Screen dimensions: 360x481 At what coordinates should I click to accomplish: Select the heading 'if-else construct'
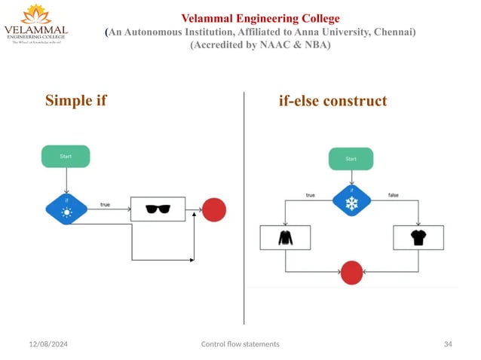(332, 101)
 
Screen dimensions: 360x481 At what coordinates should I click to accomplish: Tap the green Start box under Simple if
(66, 156)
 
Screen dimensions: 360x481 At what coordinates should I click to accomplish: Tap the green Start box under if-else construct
(351, 159)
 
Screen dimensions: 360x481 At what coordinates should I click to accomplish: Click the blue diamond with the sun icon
(66, 209)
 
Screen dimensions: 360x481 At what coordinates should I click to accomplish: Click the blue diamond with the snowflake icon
(351, 203)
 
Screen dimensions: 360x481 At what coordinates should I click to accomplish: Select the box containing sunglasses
(158, 209)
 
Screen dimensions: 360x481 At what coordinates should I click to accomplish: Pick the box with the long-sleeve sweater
(285, 238)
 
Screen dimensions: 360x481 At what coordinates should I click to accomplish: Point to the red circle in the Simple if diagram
(214, 209)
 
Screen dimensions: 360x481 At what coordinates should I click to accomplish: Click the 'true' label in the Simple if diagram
(106, 204)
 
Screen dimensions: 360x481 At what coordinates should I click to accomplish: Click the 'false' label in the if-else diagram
(393, 195)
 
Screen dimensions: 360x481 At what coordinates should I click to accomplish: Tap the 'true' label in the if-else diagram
(310, 195)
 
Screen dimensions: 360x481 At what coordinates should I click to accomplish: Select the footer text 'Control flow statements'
(240, 343)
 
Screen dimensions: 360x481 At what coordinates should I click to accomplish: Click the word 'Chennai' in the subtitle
(392, 32)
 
